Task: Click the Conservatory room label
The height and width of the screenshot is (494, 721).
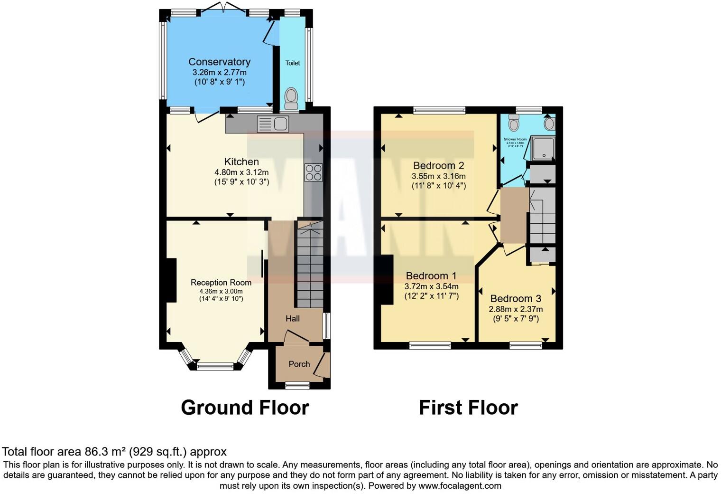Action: [x=219, y=62]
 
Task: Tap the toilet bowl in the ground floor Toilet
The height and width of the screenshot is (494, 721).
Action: [x=291, y=98]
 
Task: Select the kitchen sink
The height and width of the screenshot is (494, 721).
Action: [x=273, y=124]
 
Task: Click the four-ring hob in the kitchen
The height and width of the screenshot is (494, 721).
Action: [x=313, y=172]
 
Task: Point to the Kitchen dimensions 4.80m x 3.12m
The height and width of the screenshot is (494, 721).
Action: [x=241, y=172]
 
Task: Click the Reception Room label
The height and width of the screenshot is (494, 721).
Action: [x=221, y=282]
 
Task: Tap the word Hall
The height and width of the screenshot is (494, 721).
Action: [x=292, y=318]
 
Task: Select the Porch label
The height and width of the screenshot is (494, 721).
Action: [x=299, y=364]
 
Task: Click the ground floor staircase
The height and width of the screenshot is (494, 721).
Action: [x=310, y=266]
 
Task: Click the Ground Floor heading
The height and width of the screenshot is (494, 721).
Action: [x=245, y=408]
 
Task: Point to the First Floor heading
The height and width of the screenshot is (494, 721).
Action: [x=468, y=408]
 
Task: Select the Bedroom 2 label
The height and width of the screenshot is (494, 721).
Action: [x=438, y=166]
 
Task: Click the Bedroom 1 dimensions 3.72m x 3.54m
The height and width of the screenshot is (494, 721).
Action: [x=431, y=286]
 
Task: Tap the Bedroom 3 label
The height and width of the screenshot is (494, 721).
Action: [x=515, y=298]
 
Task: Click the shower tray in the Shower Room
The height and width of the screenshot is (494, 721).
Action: [x=542, y=148]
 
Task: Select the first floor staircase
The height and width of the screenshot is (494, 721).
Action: [x=542, y=216]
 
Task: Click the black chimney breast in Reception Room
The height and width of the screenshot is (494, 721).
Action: [x=171, y=280]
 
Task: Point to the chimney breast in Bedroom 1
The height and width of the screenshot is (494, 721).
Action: [x=386, y=279]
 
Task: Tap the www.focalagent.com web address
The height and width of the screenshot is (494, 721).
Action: [x=460, y=485]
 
